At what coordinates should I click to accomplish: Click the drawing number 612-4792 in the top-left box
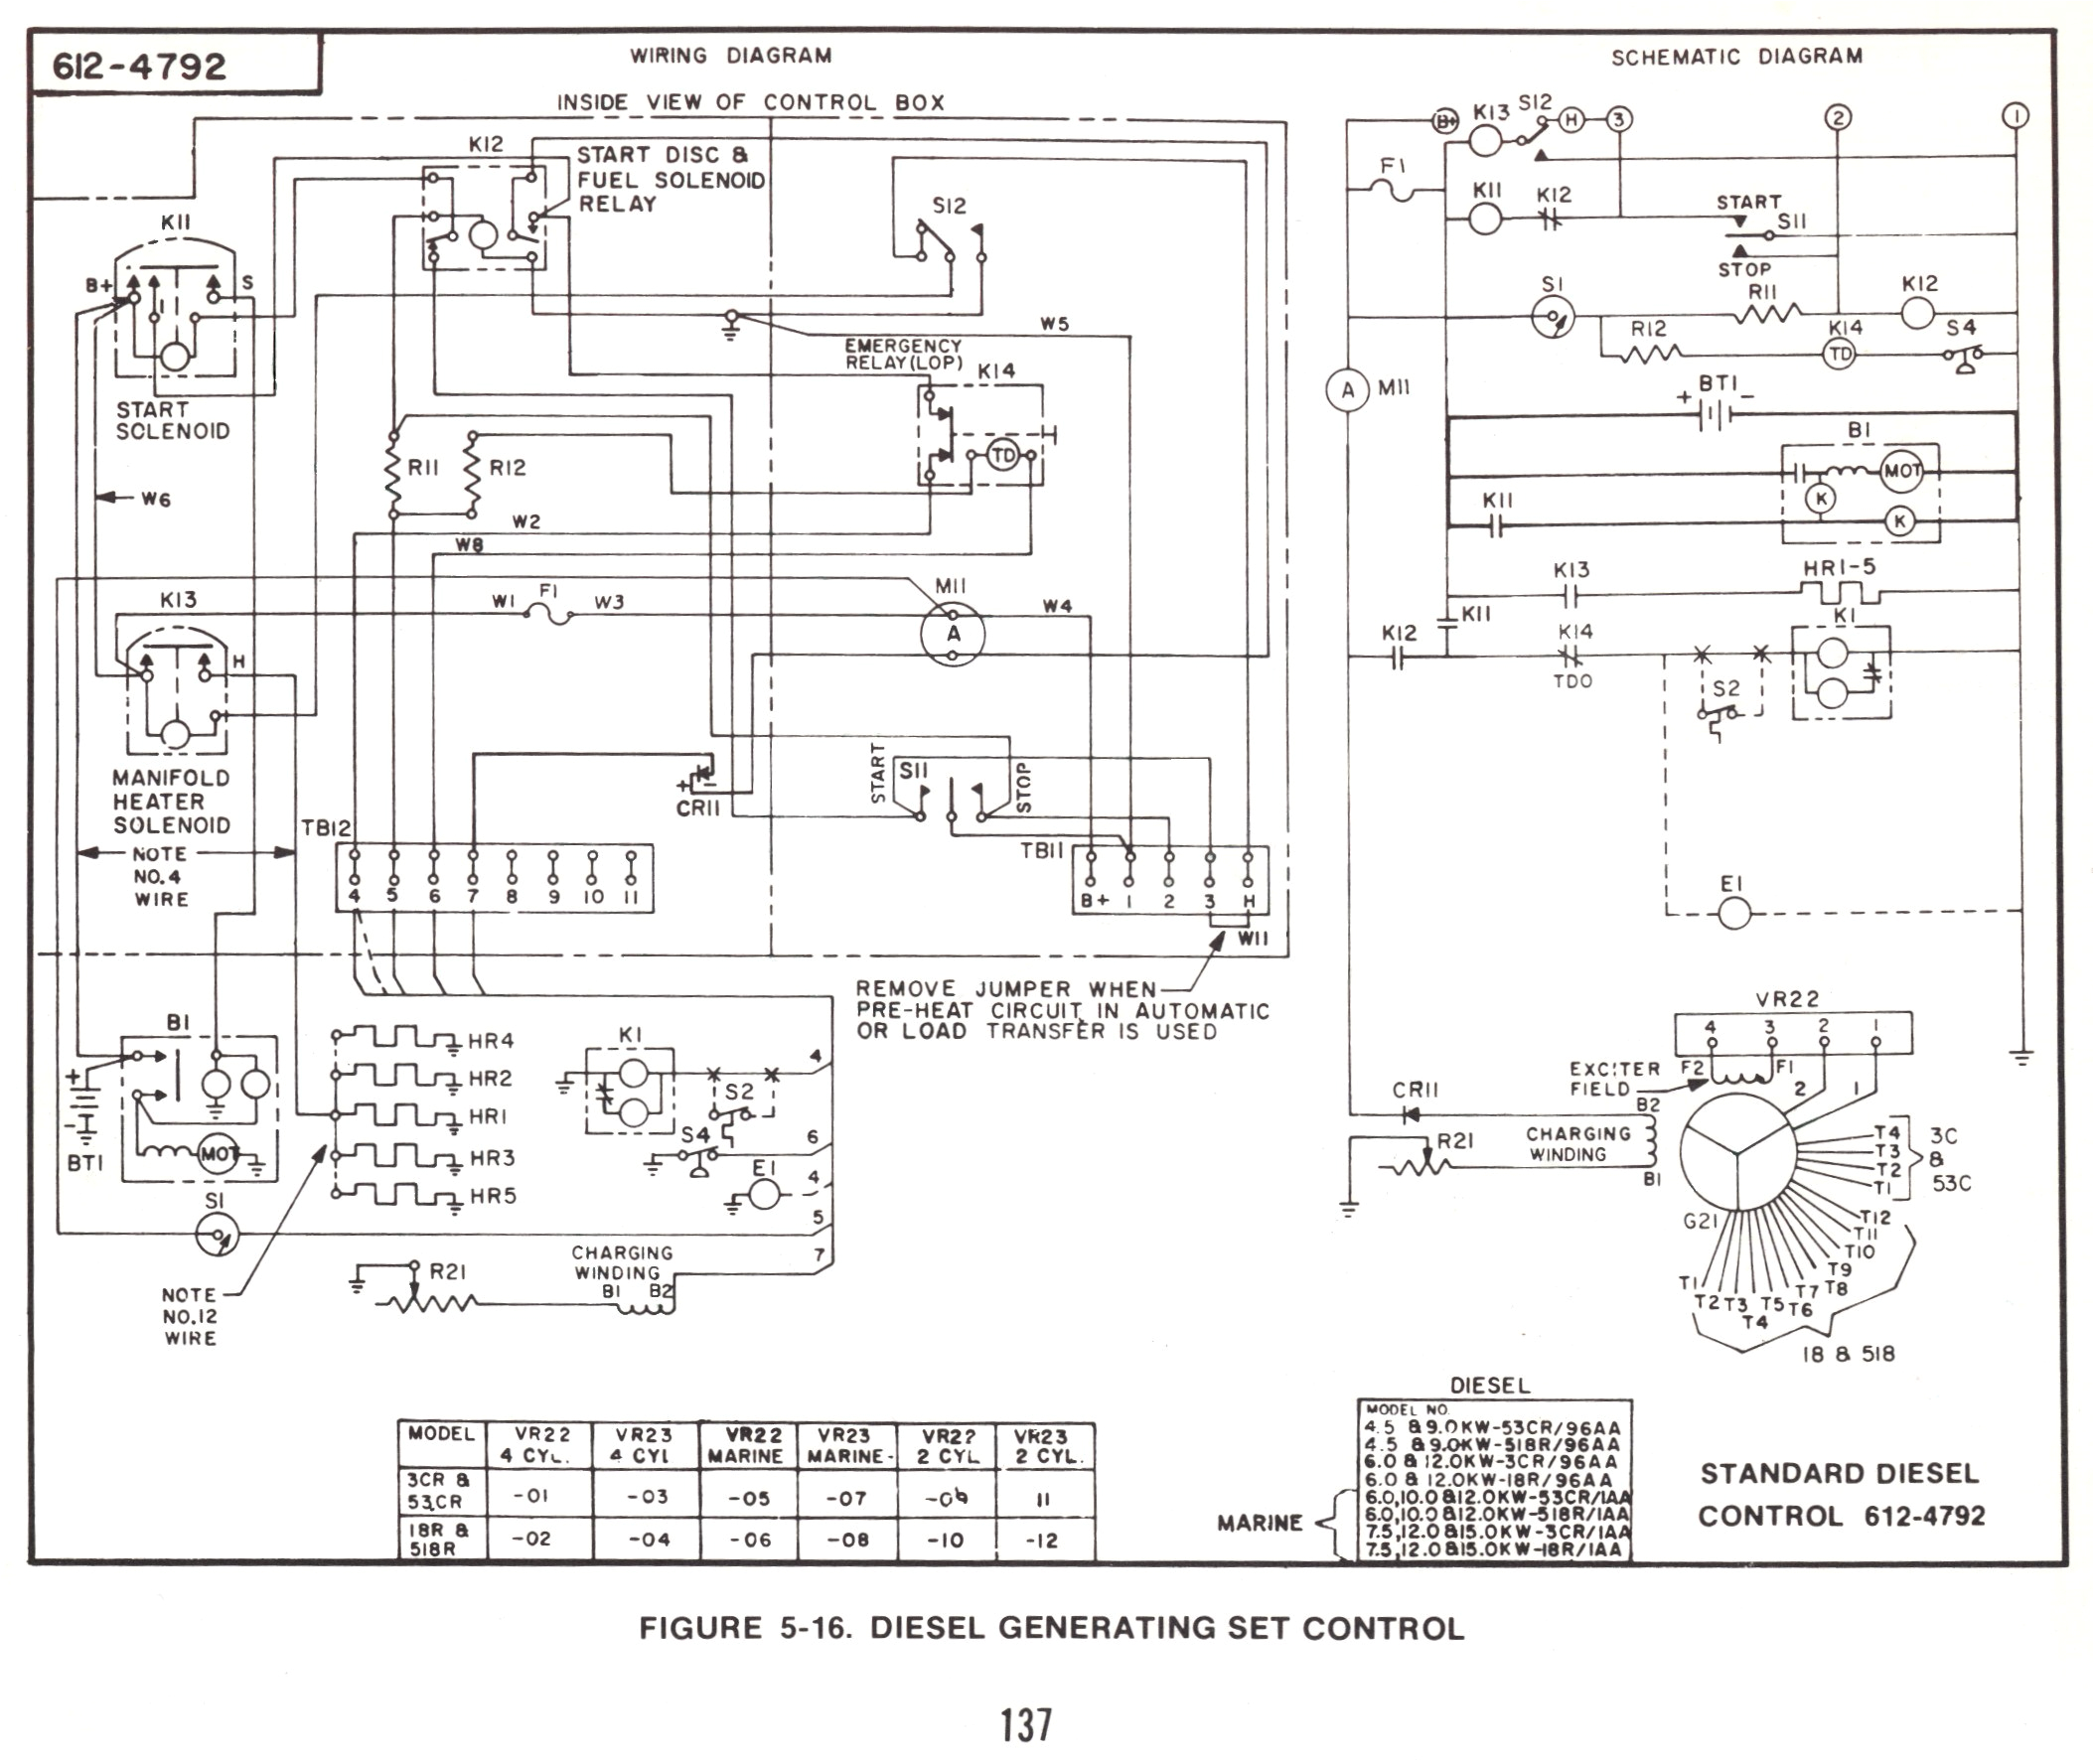140,67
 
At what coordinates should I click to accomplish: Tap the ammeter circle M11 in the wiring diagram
953,634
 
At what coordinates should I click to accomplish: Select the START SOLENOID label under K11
173,420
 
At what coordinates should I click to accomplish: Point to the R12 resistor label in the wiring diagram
508,467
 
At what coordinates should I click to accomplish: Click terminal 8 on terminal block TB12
512,897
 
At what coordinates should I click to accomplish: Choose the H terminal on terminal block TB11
1249,901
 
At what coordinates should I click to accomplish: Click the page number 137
1026,1724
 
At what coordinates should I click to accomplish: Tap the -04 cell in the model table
648,1540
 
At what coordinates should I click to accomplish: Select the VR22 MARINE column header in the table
746,1444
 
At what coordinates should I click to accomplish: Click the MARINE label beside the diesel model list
1260,1523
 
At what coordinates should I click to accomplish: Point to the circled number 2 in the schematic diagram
1838,118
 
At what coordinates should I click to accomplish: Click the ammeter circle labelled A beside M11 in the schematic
1347,390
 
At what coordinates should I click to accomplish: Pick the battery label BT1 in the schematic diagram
1718,383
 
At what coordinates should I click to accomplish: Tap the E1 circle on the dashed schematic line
1733,913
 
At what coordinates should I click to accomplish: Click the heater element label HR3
493,1158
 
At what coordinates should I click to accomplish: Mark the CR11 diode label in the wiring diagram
697,807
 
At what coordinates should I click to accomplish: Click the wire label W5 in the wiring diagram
1054,324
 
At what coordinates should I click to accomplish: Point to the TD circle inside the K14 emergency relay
1002,456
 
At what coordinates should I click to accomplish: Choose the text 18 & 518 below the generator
1848,1354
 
